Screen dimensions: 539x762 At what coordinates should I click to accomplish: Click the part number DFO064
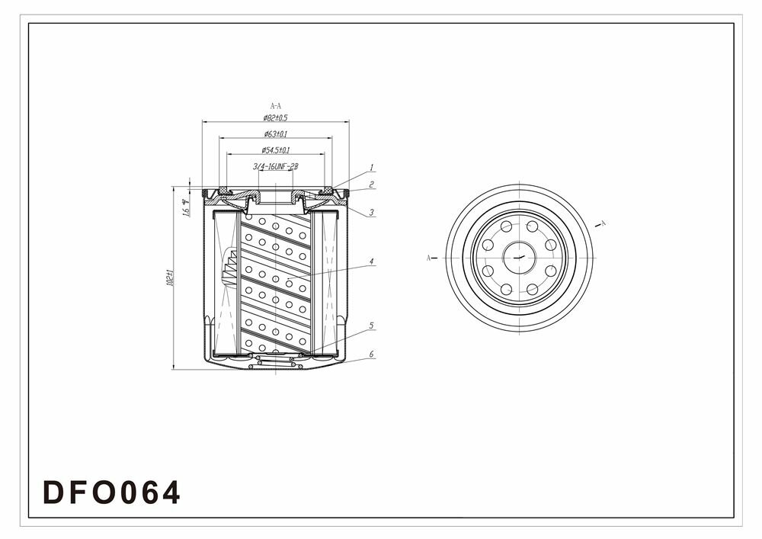[x=112, y=492]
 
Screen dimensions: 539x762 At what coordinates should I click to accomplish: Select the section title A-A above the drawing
[x=275, y=106]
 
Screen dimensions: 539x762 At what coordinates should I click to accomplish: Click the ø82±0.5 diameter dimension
[x=275, y=118]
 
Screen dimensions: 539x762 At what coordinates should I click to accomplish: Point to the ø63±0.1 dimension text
[x=275, y=134]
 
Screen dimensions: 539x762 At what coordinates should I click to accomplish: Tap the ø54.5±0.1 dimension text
[x=275, y=150]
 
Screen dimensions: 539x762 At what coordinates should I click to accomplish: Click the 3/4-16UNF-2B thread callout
[x=275, y=166]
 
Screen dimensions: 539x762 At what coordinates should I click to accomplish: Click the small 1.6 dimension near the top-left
[x=185, y=207]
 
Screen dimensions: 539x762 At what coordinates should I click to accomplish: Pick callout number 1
[x=372, y=168]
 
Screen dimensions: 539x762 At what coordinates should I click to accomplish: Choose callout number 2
[x=372, y=184]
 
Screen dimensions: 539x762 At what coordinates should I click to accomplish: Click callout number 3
[x=372, y=213]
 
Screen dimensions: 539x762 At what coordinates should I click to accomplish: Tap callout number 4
[x=372, y=261]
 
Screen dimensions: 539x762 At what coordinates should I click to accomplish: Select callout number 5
[x=372, y=326]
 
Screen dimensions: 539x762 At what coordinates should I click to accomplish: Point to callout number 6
[x=372, y=355]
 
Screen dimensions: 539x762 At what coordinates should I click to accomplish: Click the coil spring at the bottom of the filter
[x=275, y=361]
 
